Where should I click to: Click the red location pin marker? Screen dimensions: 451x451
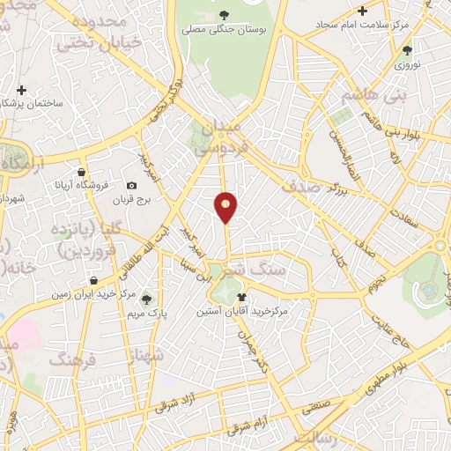(x=227, y=207)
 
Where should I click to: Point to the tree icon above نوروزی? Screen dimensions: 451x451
(x=406, y=50)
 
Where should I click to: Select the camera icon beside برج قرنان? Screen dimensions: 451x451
(x=131, y=185)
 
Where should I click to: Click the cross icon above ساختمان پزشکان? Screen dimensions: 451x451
(x=21, y=89)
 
